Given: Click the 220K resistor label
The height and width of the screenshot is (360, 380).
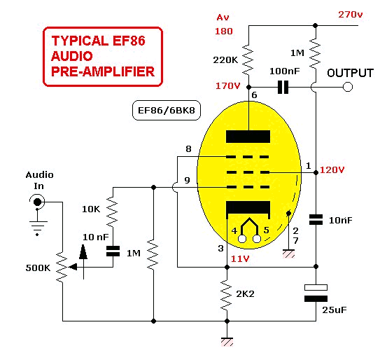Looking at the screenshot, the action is (225, 60).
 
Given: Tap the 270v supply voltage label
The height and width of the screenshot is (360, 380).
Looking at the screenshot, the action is (351, 15).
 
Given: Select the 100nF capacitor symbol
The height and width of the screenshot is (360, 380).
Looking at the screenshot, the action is (283, 87).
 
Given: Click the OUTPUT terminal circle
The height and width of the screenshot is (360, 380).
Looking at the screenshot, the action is (348, 87).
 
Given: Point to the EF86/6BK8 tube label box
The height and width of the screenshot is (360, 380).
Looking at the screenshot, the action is (167, 111).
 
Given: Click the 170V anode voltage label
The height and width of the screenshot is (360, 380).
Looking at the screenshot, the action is (228, 85).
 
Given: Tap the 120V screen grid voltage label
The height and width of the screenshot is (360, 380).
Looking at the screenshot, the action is (332, 169).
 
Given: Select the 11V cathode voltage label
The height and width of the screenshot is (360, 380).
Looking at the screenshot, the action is (240, 259).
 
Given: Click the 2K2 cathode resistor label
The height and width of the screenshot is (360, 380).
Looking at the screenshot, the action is (245, 294).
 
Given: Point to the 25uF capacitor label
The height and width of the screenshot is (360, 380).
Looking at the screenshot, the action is (335, 310).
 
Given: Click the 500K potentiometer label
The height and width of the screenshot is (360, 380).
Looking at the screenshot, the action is (38, 268).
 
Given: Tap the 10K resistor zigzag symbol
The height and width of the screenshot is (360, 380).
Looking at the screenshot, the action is (112, 212).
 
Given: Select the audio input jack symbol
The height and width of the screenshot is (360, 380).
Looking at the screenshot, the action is (37, 202).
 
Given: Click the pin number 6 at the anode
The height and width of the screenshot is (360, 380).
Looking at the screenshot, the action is (254, 95).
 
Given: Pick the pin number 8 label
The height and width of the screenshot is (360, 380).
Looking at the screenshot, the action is (188, 148).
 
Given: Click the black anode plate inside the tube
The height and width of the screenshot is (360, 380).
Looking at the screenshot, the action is (248, 137).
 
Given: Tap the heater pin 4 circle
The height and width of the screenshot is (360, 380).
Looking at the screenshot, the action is (242, 239).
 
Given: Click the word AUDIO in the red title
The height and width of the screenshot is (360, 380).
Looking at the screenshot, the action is (72, 56).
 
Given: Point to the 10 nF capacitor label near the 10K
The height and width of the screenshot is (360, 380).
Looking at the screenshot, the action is (96, 237).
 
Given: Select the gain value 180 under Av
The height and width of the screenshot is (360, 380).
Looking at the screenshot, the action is (224, 31).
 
